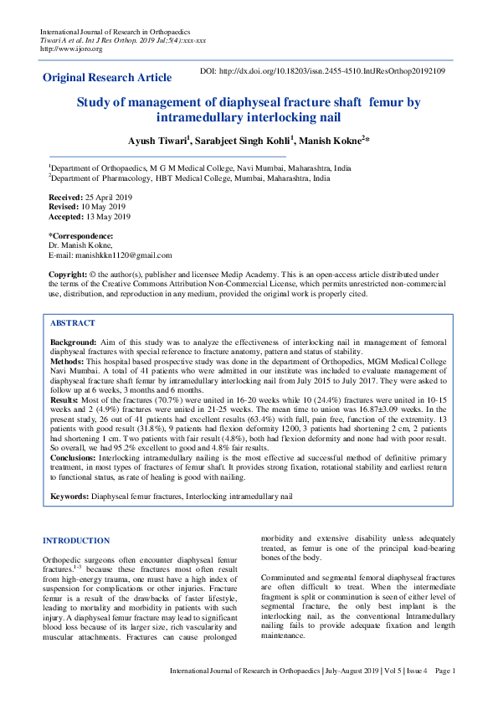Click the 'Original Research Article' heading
(107, 78)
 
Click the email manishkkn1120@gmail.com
(123, 255)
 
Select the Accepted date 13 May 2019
(106, 217)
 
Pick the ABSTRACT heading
(73, 323)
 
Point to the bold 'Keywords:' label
(69, 497)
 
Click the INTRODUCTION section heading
(76, 541)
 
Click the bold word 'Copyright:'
(68, 275)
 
